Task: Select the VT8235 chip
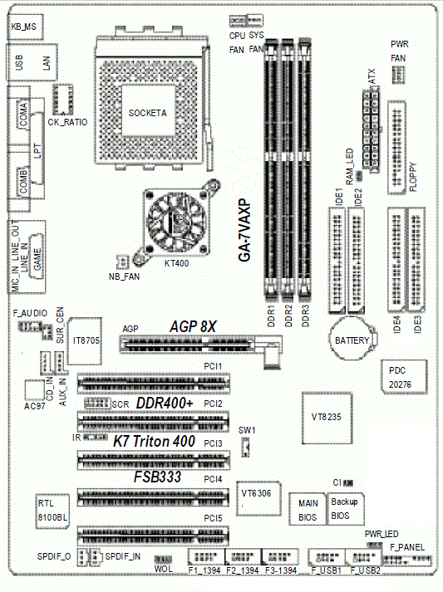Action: [x=327, y=418]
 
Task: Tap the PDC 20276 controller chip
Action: [x=404, y=377]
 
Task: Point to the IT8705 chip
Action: [x=84, y=341]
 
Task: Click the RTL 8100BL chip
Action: [x=52, y=511]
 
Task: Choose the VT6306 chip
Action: [x=258, y=498]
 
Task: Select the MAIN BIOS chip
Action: [x=308, y=509]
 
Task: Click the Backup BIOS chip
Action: [x=345, y=508]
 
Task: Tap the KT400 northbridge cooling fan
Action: [x=175, y=222]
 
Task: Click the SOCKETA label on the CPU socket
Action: [x=147, y=113]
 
